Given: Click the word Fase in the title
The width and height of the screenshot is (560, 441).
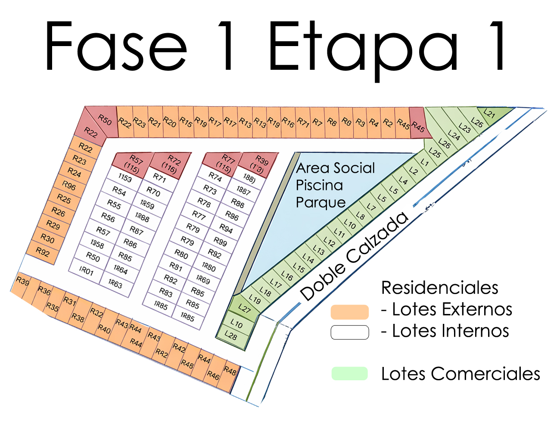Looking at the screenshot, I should (116, 47).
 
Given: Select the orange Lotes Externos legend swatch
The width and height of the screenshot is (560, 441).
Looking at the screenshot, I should (349, 312).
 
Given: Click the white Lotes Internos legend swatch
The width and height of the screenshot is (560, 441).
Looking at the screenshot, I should (349, 332).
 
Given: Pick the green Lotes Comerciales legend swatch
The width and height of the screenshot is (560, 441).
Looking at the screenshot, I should (349, 373).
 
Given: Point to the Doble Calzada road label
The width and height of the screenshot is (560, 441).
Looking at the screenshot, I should (354, 257).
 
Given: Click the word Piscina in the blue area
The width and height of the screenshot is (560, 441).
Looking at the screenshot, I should (319, 185).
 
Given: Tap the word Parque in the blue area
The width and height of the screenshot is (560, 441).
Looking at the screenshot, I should (320, 202).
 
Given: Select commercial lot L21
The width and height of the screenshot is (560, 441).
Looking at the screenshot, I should (490, 114).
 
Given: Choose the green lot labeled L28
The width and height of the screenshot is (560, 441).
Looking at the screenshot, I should (231, 335).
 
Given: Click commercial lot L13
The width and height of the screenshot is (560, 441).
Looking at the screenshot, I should (319, 250).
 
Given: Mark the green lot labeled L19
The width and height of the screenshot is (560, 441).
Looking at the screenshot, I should (255, 299).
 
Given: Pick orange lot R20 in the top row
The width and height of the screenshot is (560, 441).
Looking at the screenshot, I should (170, 122).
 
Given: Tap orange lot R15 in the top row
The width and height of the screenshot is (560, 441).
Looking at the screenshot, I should (186, 122).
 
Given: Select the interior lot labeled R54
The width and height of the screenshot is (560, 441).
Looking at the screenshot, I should (119, 191).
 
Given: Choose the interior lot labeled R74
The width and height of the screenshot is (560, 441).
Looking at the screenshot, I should (215, 177).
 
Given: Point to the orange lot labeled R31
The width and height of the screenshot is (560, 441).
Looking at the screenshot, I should (70, 301).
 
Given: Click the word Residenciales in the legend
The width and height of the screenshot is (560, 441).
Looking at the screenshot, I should (439, 288).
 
